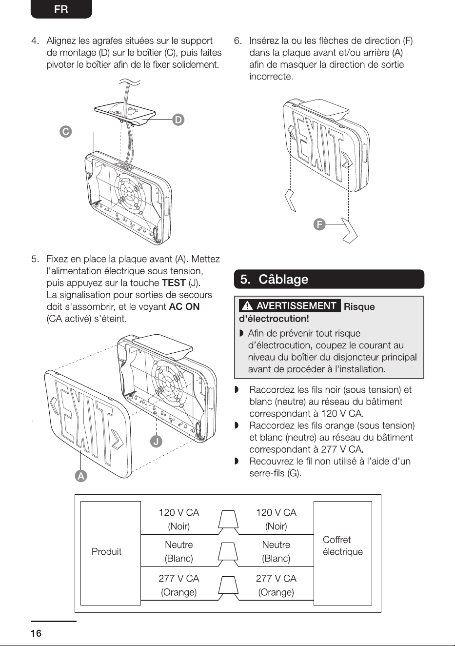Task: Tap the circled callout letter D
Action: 178,120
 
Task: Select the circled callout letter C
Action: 66,132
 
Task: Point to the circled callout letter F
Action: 319,224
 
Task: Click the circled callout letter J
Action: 156,442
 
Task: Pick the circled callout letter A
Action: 81,476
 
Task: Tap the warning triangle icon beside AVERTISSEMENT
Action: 247,306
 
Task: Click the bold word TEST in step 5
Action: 174,283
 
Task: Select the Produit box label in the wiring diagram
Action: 106,551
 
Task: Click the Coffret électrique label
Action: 342,545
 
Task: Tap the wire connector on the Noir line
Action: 228,522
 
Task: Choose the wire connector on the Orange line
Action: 228,588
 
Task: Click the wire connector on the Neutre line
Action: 228,555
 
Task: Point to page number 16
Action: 36,633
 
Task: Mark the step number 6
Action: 237,40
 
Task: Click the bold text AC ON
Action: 184,306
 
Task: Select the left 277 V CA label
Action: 179,578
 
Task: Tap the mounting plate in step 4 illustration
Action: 124,113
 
